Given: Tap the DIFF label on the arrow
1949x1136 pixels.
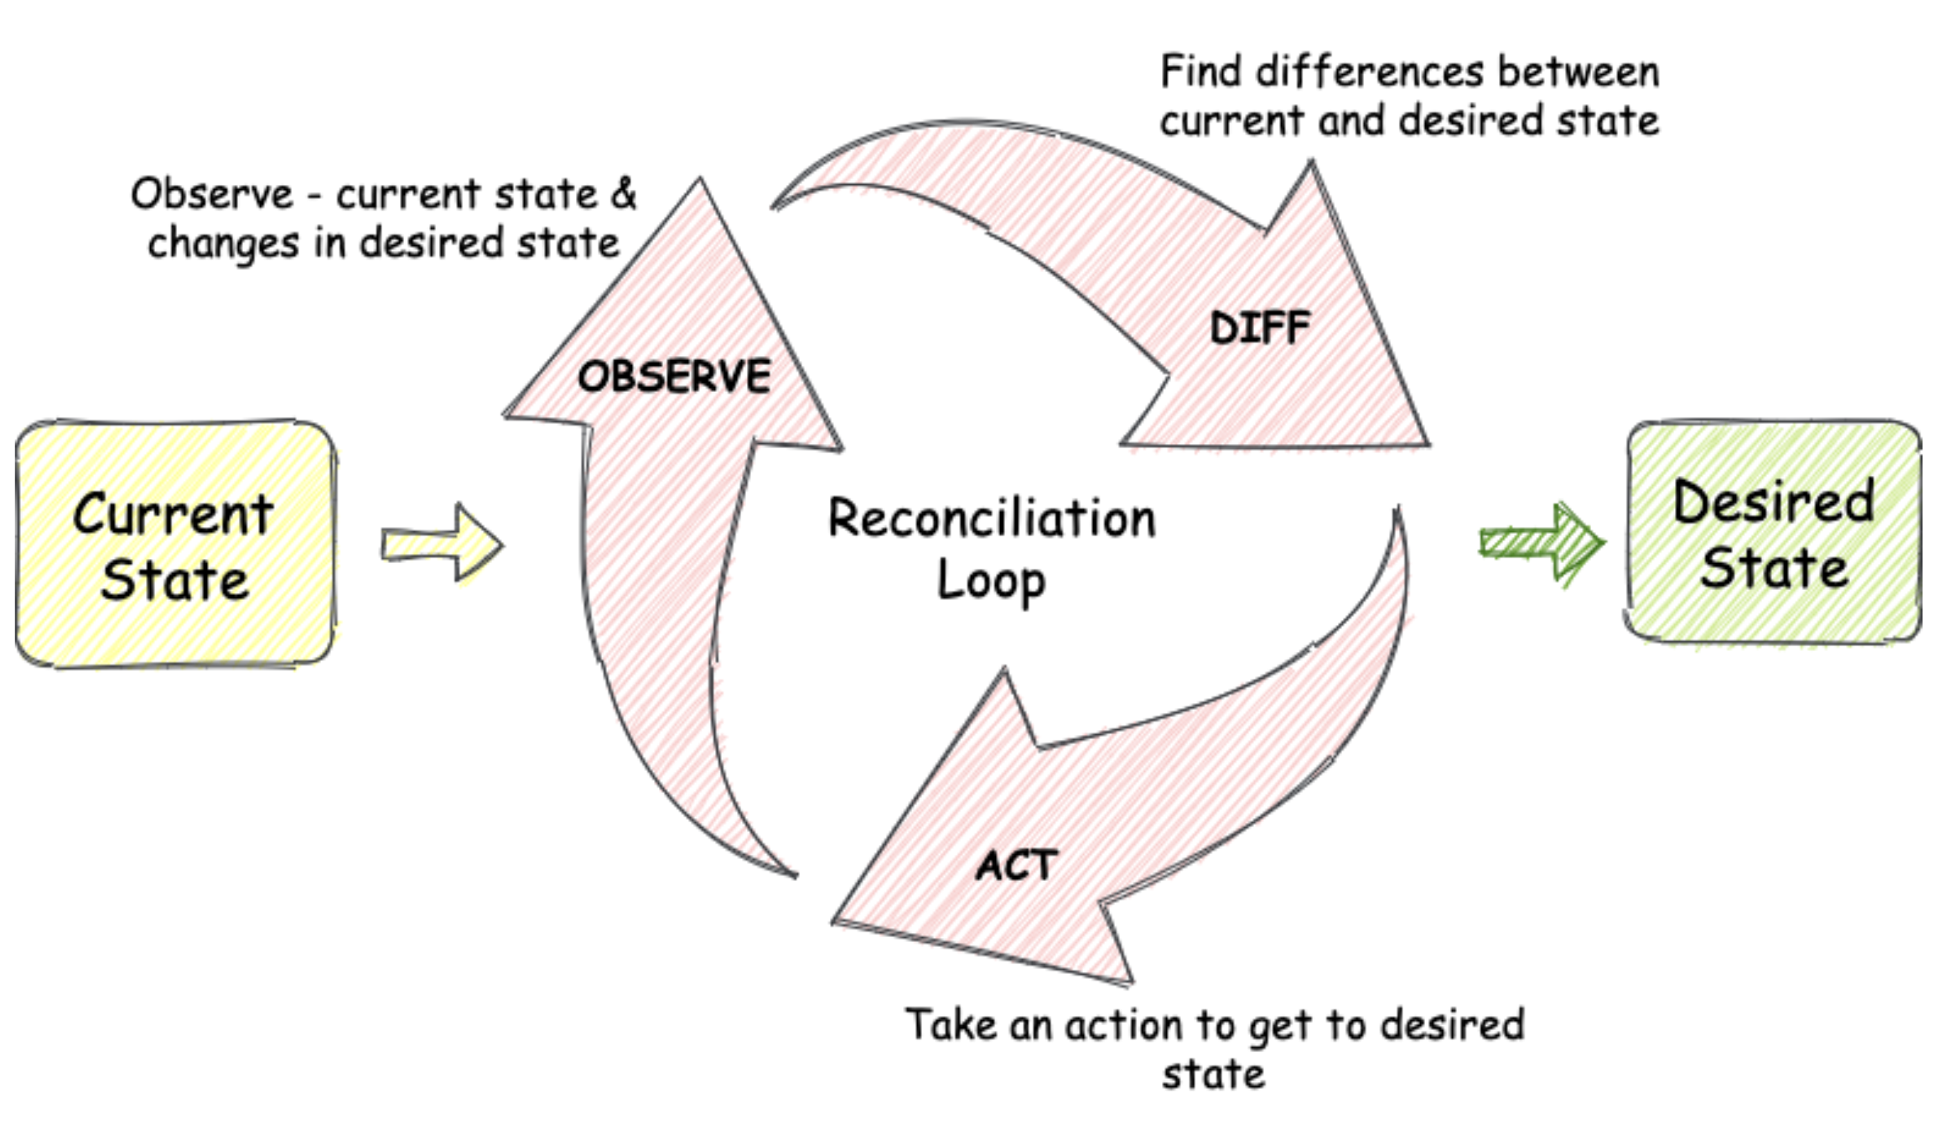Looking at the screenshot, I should point(1260,328).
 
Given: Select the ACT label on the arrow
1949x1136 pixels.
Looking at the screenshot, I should point(1016,865).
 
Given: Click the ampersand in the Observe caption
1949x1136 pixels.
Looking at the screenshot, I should point(624,193).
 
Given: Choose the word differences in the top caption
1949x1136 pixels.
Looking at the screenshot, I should point(1370,72).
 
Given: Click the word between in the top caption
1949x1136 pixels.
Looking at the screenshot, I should point(1579,72).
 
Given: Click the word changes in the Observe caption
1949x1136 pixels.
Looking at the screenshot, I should point(224,245).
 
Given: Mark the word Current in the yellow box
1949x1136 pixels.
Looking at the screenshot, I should point(173,514).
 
